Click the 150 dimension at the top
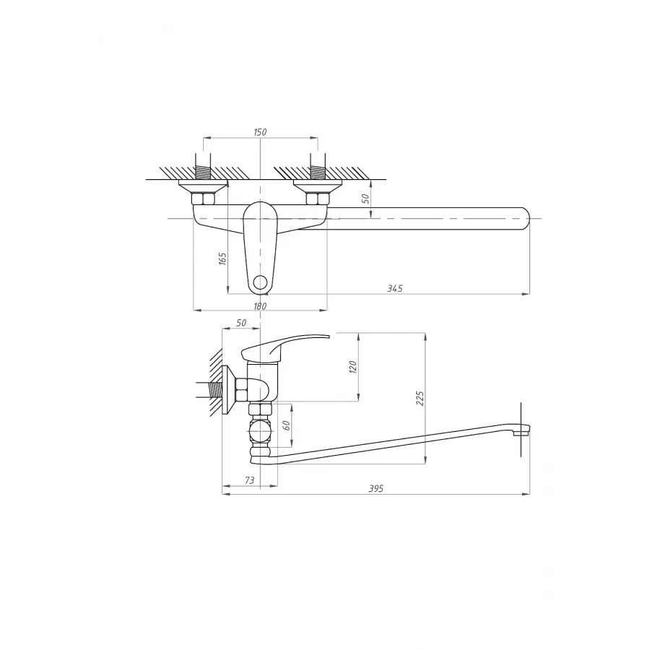click(261, 131)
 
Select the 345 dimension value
click(394, 287)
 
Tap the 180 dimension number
click(261, 306)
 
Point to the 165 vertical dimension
click(222, 258)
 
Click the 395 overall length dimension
click(376, 489)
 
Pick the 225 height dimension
click(420, 398)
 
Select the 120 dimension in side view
click(353, 367)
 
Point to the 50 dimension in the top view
click(365, 197)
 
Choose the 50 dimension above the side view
click(241, 322)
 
